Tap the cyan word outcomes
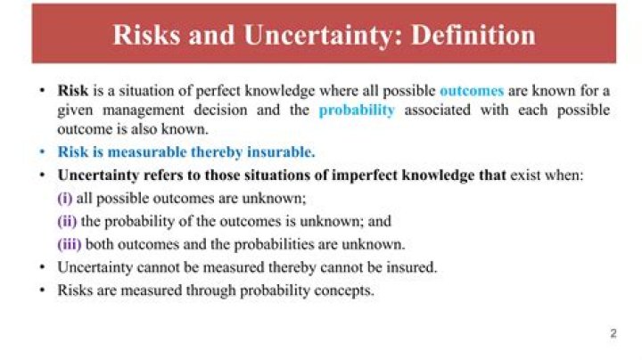(x=472, y=91)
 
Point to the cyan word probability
(x=357, y=110)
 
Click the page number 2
(x=613, y=334)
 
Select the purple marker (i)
(x=65, y=198)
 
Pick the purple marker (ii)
(x=67, y=221)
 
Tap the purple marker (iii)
(x=70, y=244)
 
